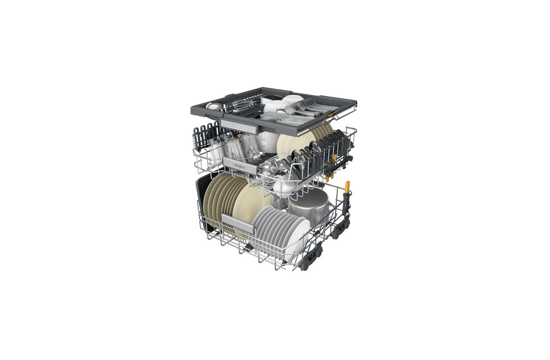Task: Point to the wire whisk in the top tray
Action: pyautogui.click(x=241, y=103)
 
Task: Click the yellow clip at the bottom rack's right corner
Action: pyautogui.click(x=347, y=187)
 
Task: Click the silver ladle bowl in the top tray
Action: pyautogui.click(x=215, y=106)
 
